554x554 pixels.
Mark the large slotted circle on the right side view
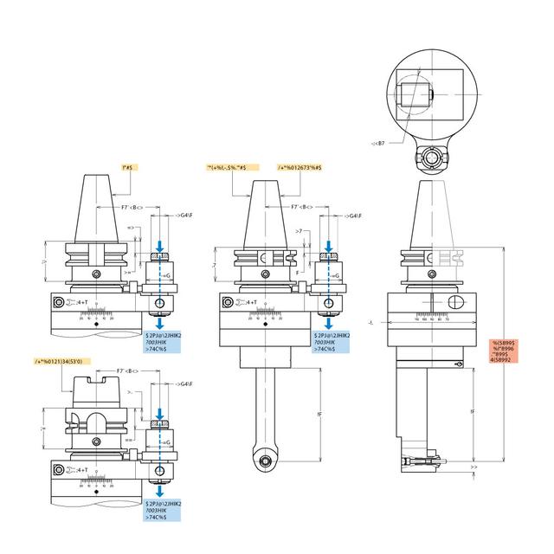(x=456, y=303)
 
